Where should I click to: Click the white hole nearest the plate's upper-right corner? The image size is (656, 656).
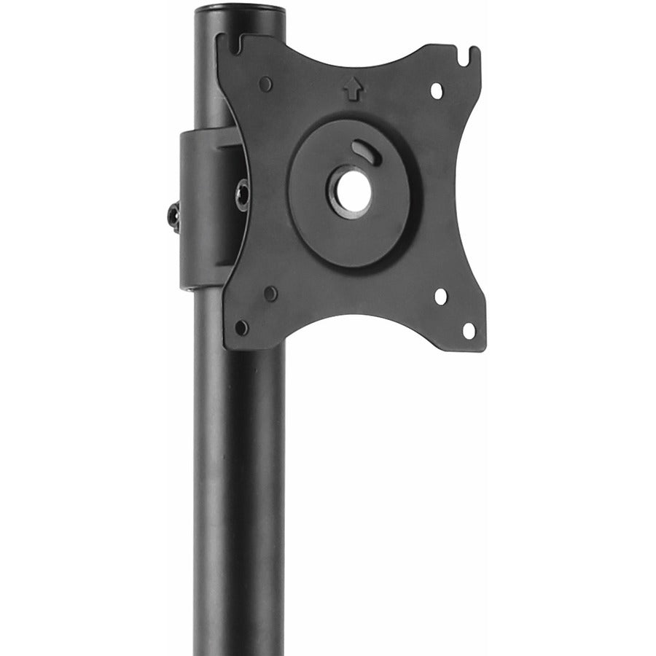pyautogui.click(x=436, y=90)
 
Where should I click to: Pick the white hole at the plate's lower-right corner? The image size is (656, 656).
pyautogui.click(x=469, y=330)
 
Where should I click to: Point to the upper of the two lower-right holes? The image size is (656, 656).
pyautogui.click(x=440, y=296)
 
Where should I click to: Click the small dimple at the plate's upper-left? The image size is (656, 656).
pyautogui.click(x=265, y=84)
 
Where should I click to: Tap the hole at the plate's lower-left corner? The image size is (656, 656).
pyautogui.click(x=241, y=327)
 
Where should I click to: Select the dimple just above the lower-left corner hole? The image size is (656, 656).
pyautogui.click(x=270, y=294)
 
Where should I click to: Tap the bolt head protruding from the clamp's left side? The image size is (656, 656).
pyautogui.click(x=173, y=216)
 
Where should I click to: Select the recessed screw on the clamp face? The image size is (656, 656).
pyautogui.click(x=242, y=195)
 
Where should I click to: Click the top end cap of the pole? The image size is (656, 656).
pyautogui.click(x=239, y=10)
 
